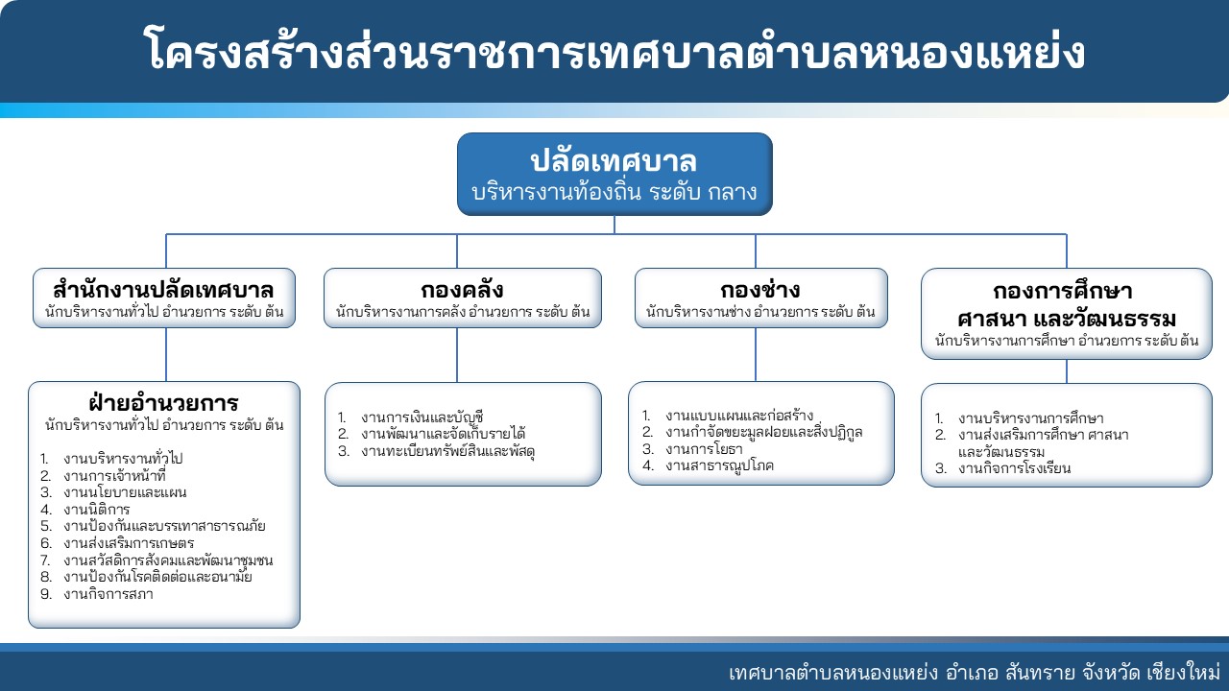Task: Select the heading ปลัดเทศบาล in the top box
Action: (614, 161)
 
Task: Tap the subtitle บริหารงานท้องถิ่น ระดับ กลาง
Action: (614, 192)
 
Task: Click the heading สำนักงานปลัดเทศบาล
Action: (163, 289)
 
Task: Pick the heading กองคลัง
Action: (462, 289)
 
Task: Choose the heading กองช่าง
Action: (760, 289)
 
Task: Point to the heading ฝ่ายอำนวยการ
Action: (163, 402)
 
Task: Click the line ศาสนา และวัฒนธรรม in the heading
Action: (1067, 318)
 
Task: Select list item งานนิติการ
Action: (97, 509)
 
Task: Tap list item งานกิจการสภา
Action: (108, 594)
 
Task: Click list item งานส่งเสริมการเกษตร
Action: (129, 543)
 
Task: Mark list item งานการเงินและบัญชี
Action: (422, 417)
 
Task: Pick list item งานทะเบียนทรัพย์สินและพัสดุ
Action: (447, 451)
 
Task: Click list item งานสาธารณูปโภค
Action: (719, 465)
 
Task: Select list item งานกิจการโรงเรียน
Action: (1014, 468)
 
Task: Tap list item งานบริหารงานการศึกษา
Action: (1031, 418)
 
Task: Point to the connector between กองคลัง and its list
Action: (457, 355)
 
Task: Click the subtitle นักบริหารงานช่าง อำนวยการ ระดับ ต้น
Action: (760, 312)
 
